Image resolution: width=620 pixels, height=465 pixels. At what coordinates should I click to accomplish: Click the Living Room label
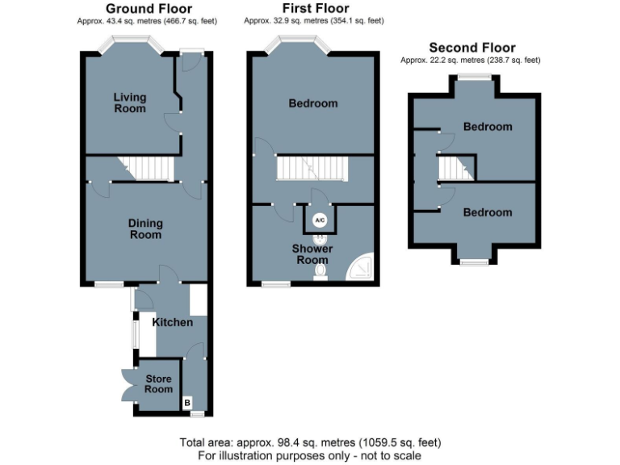130,103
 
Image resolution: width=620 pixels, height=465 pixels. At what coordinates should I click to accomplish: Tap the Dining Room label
145,228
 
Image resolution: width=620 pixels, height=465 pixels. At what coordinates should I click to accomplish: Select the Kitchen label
173,322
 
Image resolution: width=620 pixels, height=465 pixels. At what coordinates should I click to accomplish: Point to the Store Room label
159,383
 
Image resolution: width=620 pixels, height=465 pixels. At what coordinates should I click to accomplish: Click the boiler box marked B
187,401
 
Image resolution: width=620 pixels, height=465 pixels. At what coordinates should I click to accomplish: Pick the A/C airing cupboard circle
319,220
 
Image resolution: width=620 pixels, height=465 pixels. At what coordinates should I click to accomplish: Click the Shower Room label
312,254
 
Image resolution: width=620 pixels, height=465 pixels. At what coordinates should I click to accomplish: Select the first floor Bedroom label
313,103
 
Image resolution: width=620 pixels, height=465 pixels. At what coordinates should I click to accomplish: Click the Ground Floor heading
143,9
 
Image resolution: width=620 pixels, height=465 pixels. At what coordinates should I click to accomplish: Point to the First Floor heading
311,9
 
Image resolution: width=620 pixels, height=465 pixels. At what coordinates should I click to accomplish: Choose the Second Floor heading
472,48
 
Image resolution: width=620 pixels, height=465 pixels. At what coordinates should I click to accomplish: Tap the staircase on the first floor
311,169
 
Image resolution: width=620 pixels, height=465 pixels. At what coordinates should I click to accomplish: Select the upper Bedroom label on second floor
488,127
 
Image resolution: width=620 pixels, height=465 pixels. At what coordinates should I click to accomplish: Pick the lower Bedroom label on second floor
487,212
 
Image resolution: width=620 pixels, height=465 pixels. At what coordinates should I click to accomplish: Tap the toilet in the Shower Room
320,273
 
